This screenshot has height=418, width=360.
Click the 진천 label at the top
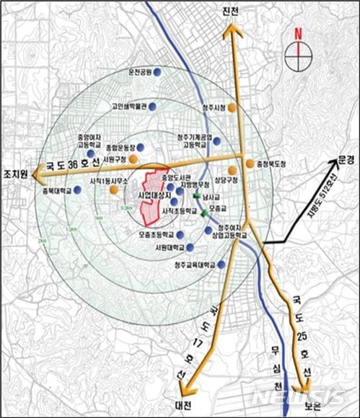pyautogui.click(x=232, y=12)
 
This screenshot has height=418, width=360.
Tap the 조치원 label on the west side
pyautogui.click(x=15, y=174)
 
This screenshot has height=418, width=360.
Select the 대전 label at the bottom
pyautogui.click(x=183, y=405)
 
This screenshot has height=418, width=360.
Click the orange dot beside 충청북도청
pyautogui.click(x=249, y=164)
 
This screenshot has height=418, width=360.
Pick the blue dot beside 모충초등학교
pyautogui.click(x=180, y=235)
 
